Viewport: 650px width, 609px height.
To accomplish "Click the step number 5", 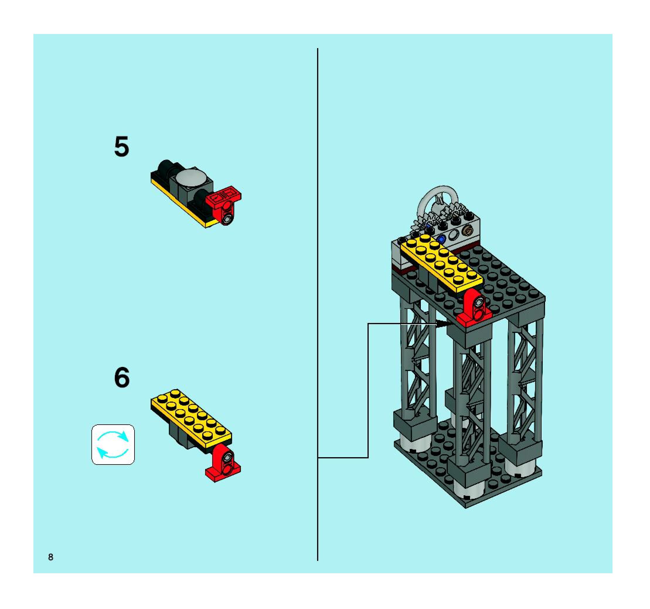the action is tap(122, 147).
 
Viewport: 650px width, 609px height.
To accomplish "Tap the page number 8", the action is tap(51, 557).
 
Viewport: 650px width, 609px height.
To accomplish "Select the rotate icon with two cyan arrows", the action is tap(113, 445).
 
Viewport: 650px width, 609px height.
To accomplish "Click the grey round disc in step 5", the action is tap(191, 178).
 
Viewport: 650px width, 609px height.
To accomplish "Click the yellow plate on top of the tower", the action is tap(441, 261).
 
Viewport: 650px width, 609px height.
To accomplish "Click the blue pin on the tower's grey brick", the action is tap(441, 238).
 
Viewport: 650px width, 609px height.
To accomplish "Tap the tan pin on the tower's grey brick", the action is tap(468, 231).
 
